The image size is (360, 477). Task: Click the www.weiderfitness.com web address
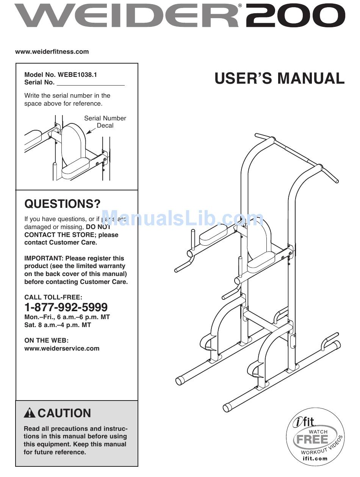point(52,52)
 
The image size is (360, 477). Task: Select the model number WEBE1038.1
point(77,75)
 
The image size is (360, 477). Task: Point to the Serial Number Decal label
point(105,122)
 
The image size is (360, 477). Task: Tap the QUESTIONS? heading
point(63,204)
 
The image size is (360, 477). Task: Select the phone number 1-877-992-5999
point(66,307)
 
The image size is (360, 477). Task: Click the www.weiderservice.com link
point(62,349)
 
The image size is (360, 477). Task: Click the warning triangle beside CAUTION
point(30,413)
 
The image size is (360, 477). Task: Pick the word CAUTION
point(64,413)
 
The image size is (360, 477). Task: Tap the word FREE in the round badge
point(313,440)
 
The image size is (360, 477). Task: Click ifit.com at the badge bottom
point(315,459)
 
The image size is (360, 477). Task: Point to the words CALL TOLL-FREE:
point(53,298)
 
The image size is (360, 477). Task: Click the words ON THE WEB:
point(47,341)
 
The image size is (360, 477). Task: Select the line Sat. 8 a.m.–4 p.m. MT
point(58,325)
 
